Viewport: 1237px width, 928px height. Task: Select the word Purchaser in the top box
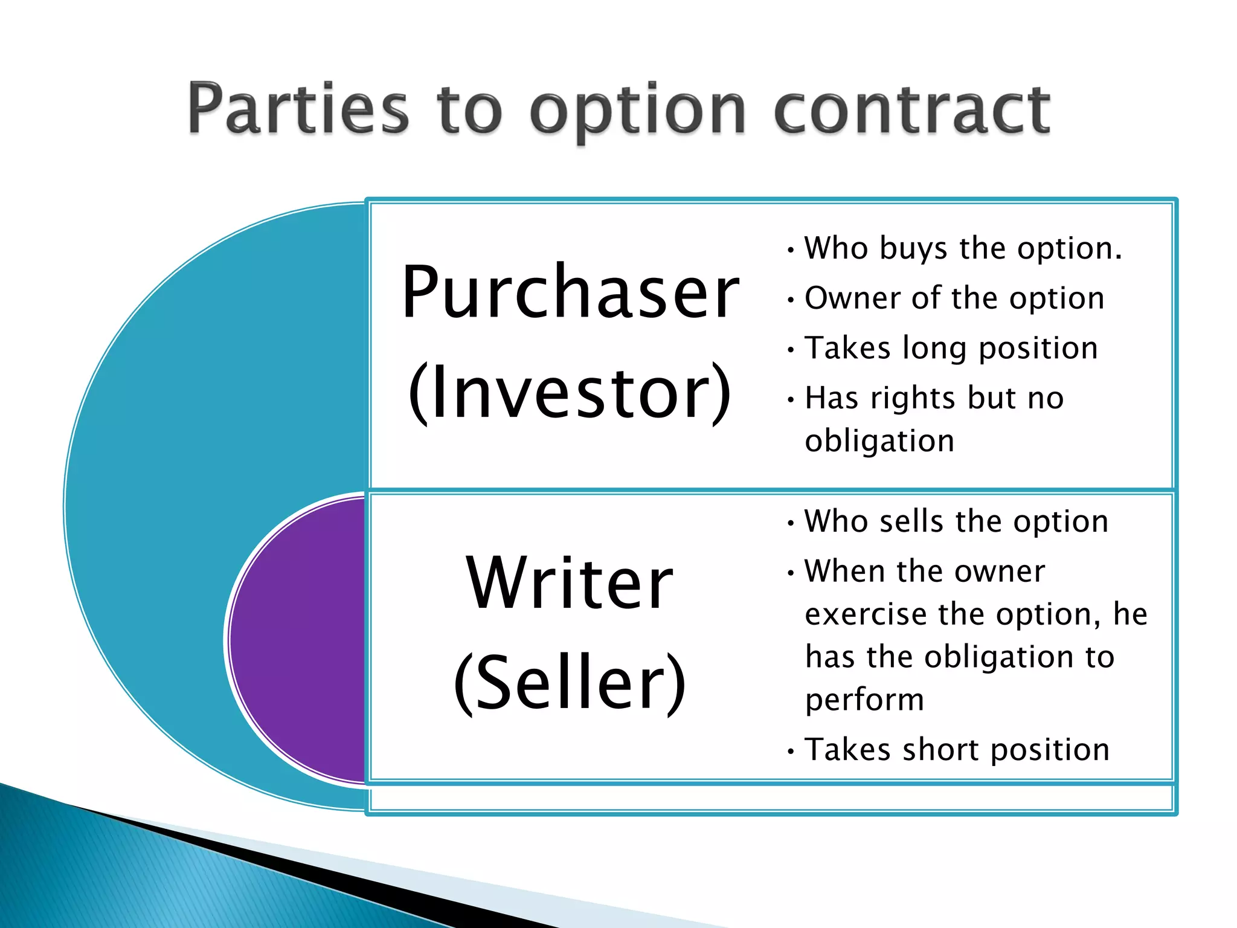click(570, 292)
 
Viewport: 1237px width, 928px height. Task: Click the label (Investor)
click(570, 393)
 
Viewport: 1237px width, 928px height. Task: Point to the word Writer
click(570, 583)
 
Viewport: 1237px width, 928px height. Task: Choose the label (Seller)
click(570, 683)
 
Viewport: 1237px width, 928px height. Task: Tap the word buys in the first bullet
click(913, 249)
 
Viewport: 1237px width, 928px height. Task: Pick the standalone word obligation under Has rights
click(879, 441)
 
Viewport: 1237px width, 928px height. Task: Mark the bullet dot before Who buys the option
click(791, 250)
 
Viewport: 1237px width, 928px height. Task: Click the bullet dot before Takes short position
click(791, 752)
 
